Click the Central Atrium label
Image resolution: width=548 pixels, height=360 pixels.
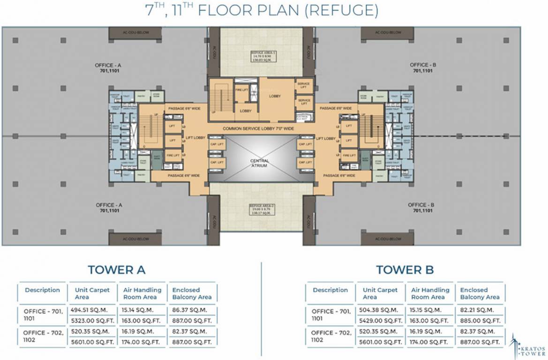pyautogui.click(x=259, y=163)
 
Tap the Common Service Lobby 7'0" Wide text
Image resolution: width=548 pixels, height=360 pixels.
pyautogui.click(x=258, y=128)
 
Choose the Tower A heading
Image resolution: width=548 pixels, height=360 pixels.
pyautogui.click(x=117, y=270)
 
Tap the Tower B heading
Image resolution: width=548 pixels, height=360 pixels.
pyautogui.click(x=405, y=270)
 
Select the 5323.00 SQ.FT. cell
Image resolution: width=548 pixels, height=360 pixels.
pyautogui.click(x=92, y=321)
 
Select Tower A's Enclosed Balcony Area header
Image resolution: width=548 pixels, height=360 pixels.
pyautogui.click(x=192, y=293)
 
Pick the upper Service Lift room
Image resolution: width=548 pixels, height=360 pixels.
pyautogui.click(x=304, y=86)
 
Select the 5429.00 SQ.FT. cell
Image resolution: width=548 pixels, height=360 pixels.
pyautogui.click(x=380, y=321)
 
